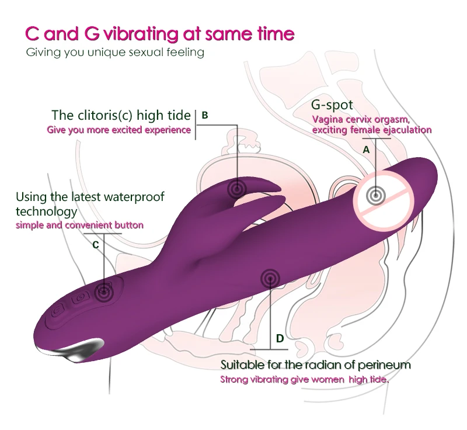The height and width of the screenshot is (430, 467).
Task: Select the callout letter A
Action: click(366, 150)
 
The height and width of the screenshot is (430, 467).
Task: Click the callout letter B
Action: click(205, 115)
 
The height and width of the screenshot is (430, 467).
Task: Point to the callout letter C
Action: click(96, 245)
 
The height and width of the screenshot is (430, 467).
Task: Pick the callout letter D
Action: click(280, 338)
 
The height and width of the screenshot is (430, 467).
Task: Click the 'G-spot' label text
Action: click(332, 105)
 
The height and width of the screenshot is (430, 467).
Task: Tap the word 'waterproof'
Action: click(135, 197)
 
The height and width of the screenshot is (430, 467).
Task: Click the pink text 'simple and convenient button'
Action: click(79, 225)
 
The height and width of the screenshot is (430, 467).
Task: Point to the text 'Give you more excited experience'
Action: click(119, 130)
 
